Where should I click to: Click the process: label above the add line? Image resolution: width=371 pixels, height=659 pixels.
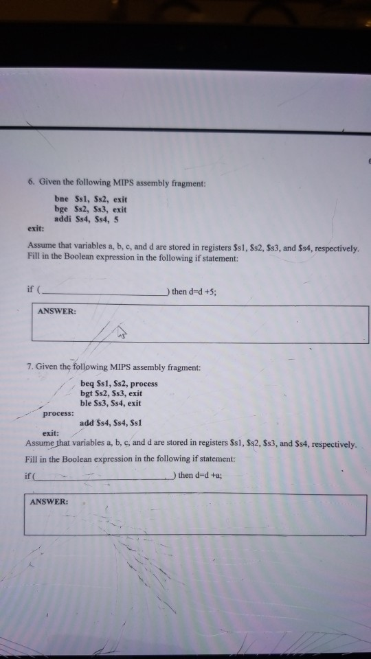click(x=58, y=414)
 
